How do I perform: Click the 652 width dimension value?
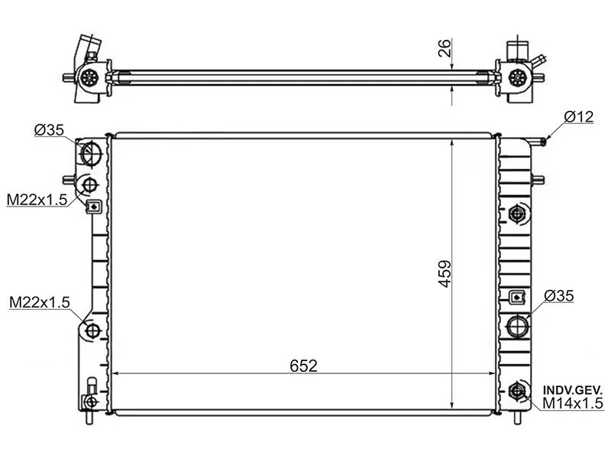(x=303, y=366)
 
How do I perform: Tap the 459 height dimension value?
(x=445, y=274)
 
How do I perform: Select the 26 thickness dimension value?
(x=445, y=48)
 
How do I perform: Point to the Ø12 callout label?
(x=579, y=117)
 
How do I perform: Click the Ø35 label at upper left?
(x=49, y=129)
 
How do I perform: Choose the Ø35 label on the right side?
(x=559, y=296)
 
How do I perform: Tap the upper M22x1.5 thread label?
(x=37, y=200)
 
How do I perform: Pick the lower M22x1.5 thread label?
(x=40, y=301)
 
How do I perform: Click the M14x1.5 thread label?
(x=572, y=403)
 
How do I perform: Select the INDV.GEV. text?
(x=573, y=390)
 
